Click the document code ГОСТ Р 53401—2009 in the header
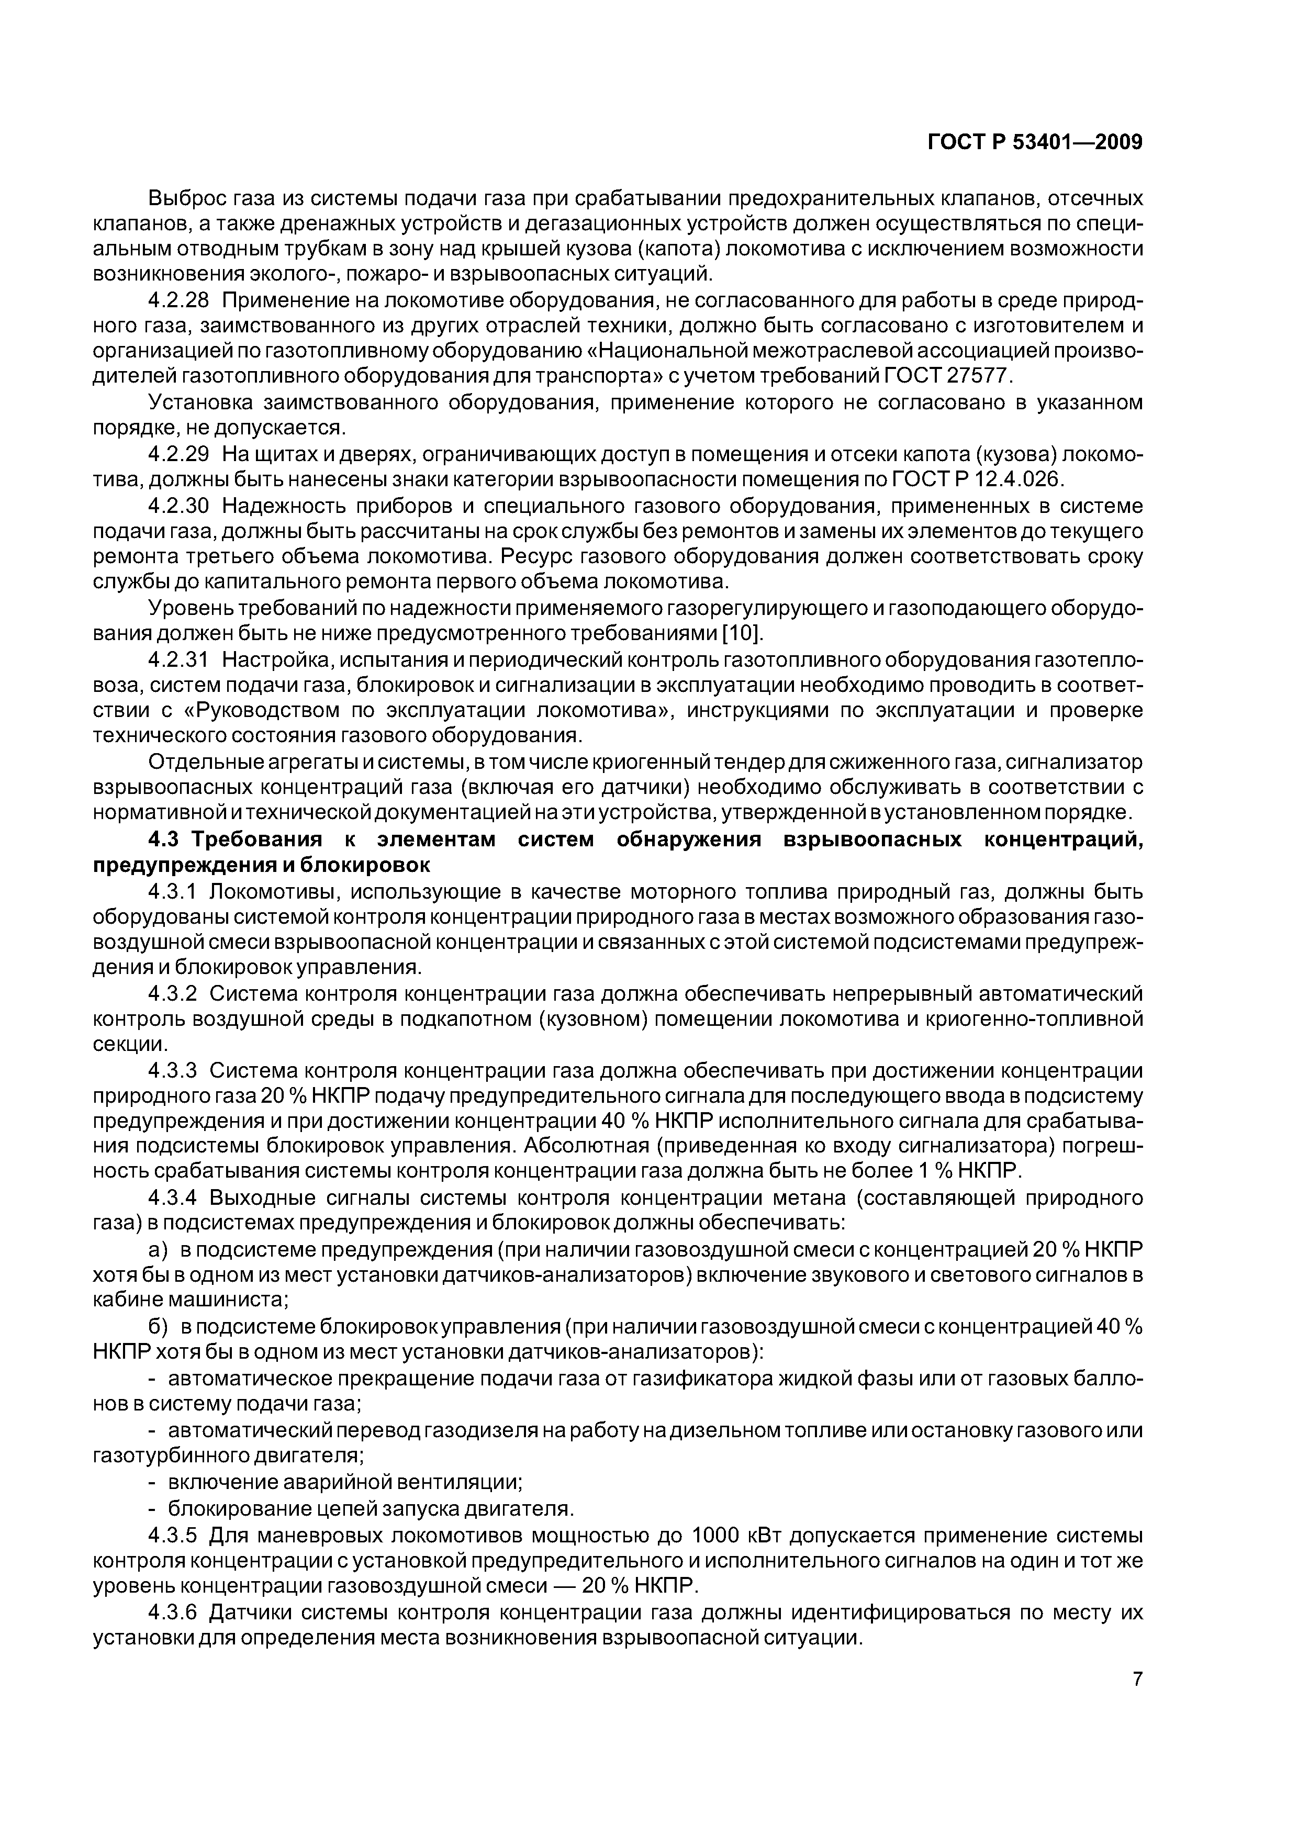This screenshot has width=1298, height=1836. tap(1034, 142)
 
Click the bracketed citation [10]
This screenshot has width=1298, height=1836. tap(743, 633)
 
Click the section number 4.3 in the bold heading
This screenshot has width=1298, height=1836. tap(166, 839)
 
